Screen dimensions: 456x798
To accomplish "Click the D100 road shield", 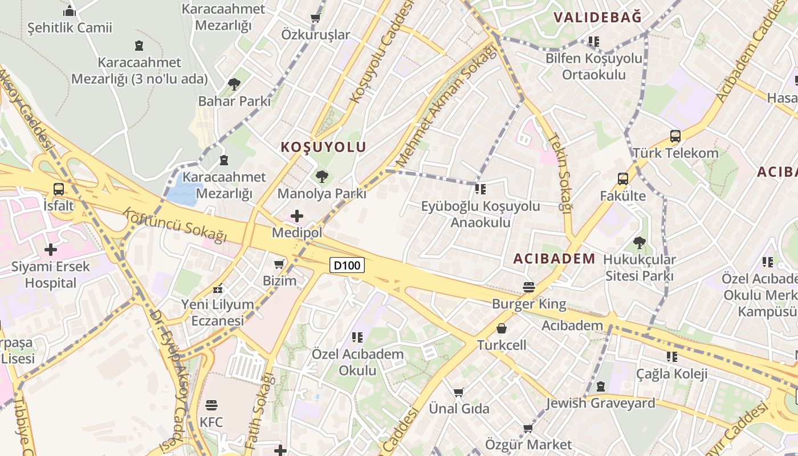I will click(347, 265).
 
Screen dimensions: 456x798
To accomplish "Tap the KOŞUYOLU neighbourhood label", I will click(323, 147).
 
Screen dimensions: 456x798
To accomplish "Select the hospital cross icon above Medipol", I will click(297, 216).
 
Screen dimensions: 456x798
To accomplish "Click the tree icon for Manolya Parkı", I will click(322, 177).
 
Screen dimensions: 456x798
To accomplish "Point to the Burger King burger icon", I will click(529, 287).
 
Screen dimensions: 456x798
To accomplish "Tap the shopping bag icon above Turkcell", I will click(502, 328).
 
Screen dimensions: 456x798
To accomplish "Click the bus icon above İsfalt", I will click(59, 189).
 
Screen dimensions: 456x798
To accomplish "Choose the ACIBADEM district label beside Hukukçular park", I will click(554, 259).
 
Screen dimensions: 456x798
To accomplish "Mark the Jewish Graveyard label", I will click(601, 404).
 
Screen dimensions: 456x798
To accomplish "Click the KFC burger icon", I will click(211, 405).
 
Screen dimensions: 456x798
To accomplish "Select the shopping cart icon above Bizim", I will click(279, 264).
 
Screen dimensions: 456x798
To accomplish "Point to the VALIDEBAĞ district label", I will click(597, 17).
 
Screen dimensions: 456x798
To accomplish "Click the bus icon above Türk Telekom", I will click(675, 136).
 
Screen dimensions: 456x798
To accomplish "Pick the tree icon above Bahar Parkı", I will click(234, 84).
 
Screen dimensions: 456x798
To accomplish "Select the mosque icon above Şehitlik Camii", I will click(70, 11).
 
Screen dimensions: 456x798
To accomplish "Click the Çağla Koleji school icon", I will click(672, 357).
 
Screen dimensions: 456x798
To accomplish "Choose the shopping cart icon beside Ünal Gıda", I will click(459, 392).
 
